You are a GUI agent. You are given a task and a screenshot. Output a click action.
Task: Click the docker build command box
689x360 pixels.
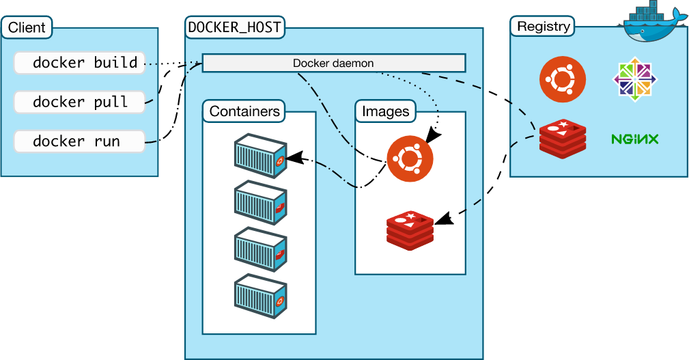pos(79,63)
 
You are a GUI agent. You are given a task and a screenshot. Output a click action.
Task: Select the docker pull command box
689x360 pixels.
pos(79,102)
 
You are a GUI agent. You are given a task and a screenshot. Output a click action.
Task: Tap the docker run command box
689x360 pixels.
pos(79,141)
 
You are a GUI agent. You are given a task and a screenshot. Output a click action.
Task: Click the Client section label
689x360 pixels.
pos(27,28)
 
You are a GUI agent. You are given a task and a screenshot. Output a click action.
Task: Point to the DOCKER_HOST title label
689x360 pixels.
pos(235,28)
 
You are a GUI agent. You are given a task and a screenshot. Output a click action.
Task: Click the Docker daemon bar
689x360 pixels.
pos(333,64)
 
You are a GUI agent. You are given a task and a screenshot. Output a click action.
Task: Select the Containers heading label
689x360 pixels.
pos(244,111)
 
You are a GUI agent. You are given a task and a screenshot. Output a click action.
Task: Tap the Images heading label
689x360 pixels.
pos(385,111)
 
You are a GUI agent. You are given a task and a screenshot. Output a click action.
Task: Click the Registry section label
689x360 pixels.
pos(543,27)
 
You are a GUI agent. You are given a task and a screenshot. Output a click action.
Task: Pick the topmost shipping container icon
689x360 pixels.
pos(259,156)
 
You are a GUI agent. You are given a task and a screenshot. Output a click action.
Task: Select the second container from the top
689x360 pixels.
pos(259,203)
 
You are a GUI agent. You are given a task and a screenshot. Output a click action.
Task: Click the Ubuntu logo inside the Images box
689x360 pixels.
pos(410,158)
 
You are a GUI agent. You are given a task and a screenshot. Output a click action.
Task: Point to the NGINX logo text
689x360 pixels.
pos(634,139)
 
